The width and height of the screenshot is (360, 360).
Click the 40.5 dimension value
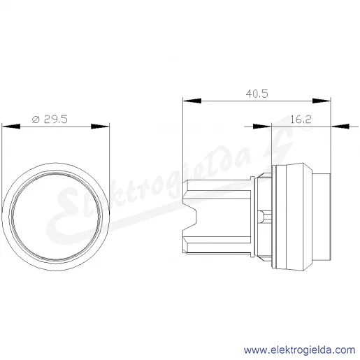tap(257, 94)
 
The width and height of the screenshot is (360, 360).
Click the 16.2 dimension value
tap(301, 120)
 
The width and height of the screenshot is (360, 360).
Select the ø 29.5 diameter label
tap(50, 120)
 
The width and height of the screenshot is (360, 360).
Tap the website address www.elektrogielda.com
tap(299, 350)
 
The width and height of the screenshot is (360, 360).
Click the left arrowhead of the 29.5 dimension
tap(11, 127)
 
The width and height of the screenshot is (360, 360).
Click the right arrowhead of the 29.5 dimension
tap(100, 127)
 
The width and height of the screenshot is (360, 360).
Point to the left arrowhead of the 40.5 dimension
tap(192, 101)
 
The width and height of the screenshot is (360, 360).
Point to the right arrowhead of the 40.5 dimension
tap(322, 101)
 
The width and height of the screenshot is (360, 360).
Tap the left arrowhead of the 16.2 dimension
tap(262, 127)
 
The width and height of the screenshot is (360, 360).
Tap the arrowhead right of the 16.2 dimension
tap(340, 127)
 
